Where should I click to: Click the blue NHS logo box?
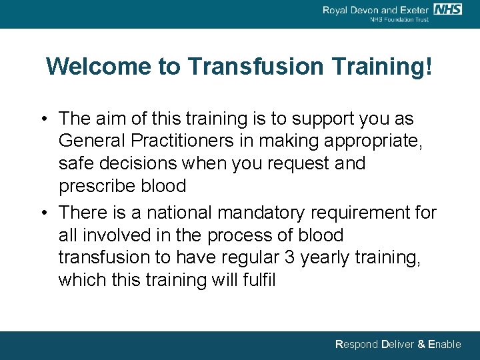click(447, 9)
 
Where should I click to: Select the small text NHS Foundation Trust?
click(399, 20)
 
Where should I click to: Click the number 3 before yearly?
click(289, 258)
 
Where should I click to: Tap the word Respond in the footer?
click(356, 345)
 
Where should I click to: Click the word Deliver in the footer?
click(397, 345)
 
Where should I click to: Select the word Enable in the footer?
click(444, 345)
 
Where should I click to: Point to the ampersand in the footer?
click(421, 345)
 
